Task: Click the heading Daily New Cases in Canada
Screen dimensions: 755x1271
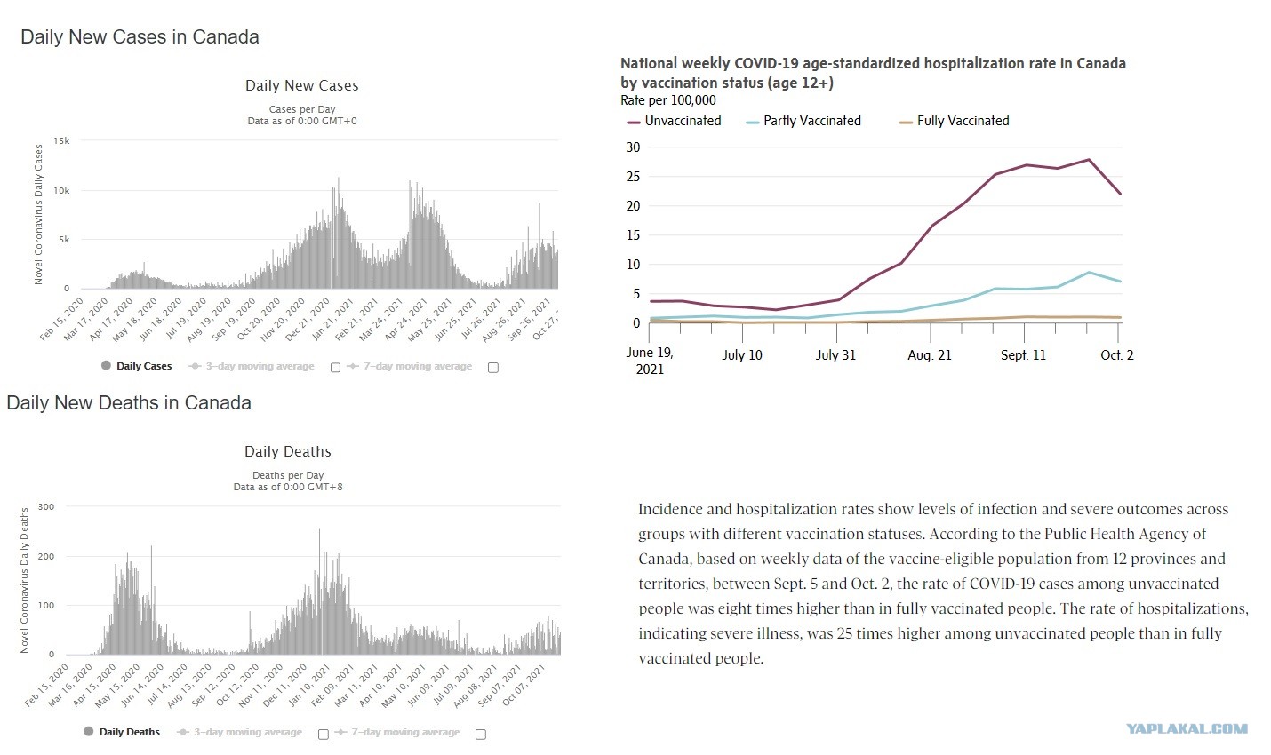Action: coord(140,37)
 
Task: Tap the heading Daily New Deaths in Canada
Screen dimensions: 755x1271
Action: coord(129,403)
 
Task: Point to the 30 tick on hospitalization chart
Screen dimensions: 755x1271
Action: coord(633,147)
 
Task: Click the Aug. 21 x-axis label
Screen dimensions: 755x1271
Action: coord(930,355)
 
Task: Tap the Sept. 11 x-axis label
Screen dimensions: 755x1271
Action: coord(1023,355)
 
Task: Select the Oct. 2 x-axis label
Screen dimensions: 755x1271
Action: coord(1116,355)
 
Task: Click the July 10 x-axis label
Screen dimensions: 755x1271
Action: coord(742,355)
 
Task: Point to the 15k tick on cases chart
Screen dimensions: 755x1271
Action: coord(61,141)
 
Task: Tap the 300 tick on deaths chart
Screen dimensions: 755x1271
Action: coord(46,507)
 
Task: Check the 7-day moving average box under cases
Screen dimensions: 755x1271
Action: coord(493,368)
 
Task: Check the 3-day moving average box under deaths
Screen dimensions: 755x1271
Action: coord(324,734)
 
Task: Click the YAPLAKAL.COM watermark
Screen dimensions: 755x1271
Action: coord(1187,729)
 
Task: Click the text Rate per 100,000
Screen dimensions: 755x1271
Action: coord(668,100)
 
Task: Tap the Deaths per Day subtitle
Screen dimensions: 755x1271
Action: coord(288,475)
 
